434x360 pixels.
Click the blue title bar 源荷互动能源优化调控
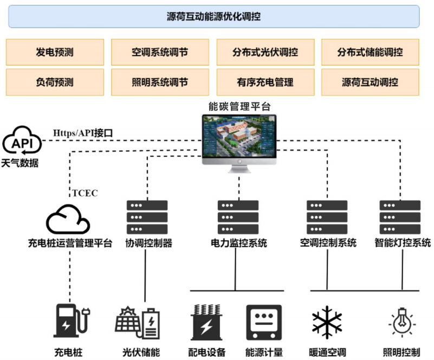tap(213, 16)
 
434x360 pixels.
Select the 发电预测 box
tap(55, 52)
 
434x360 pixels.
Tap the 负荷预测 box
tap(55, 82)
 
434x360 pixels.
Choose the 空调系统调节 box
tap(160, 52)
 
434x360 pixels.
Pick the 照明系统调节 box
tap(160, 82)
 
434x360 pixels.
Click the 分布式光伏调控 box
tap(265, 52)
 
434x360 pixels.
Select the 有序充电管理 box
tap(265, 82)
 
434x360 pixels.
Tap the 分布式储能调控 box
tap(371, 52)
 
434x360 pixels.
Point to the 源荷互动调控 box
tap(371, 82)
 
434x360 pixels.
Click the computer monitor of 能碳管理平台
tap(239, 143)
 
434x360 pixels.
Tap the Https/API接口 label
tap(83, 133)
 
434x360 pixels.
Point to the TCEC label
tap(85, 193)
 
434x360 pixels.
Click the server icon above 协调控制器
tap(147, 217)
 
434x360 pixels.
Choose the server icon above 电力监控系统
tap(238, 217)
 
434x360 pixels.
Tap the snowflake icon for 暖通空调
tap(327, 323)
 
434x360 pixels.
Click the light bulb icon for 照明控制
tap(402, 323)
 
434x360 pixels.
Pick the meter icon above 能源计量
tap(264, 323)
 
